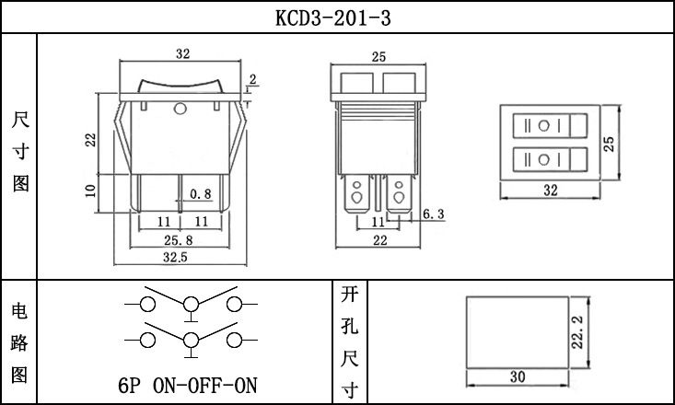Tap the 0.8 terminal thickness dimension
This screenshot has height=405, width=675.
coord(200,194)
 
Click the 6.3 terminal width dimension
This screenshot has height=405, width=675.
coord(434,214)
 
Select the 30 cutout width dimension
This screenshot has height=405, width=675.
coord(516,376)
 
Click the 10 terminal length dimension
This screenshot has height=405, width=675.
coord(89,191)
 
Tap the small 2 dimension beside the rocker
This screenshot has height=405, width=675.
coord(252,81)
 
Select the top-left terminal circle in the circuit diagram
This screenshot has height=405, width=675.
coord(147,304)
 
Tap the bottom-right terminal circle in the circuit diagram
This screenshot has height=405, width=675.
coord(235,341)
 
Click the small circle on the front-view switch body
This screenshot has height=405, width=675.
coord(180,111)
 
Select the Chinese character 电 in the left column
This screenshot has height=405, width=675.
coord(18,311)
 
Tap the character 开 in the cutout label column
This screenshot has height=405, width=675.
coord(348,295)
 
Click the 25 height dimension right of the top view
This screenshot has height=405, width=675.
coord(609,143)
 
